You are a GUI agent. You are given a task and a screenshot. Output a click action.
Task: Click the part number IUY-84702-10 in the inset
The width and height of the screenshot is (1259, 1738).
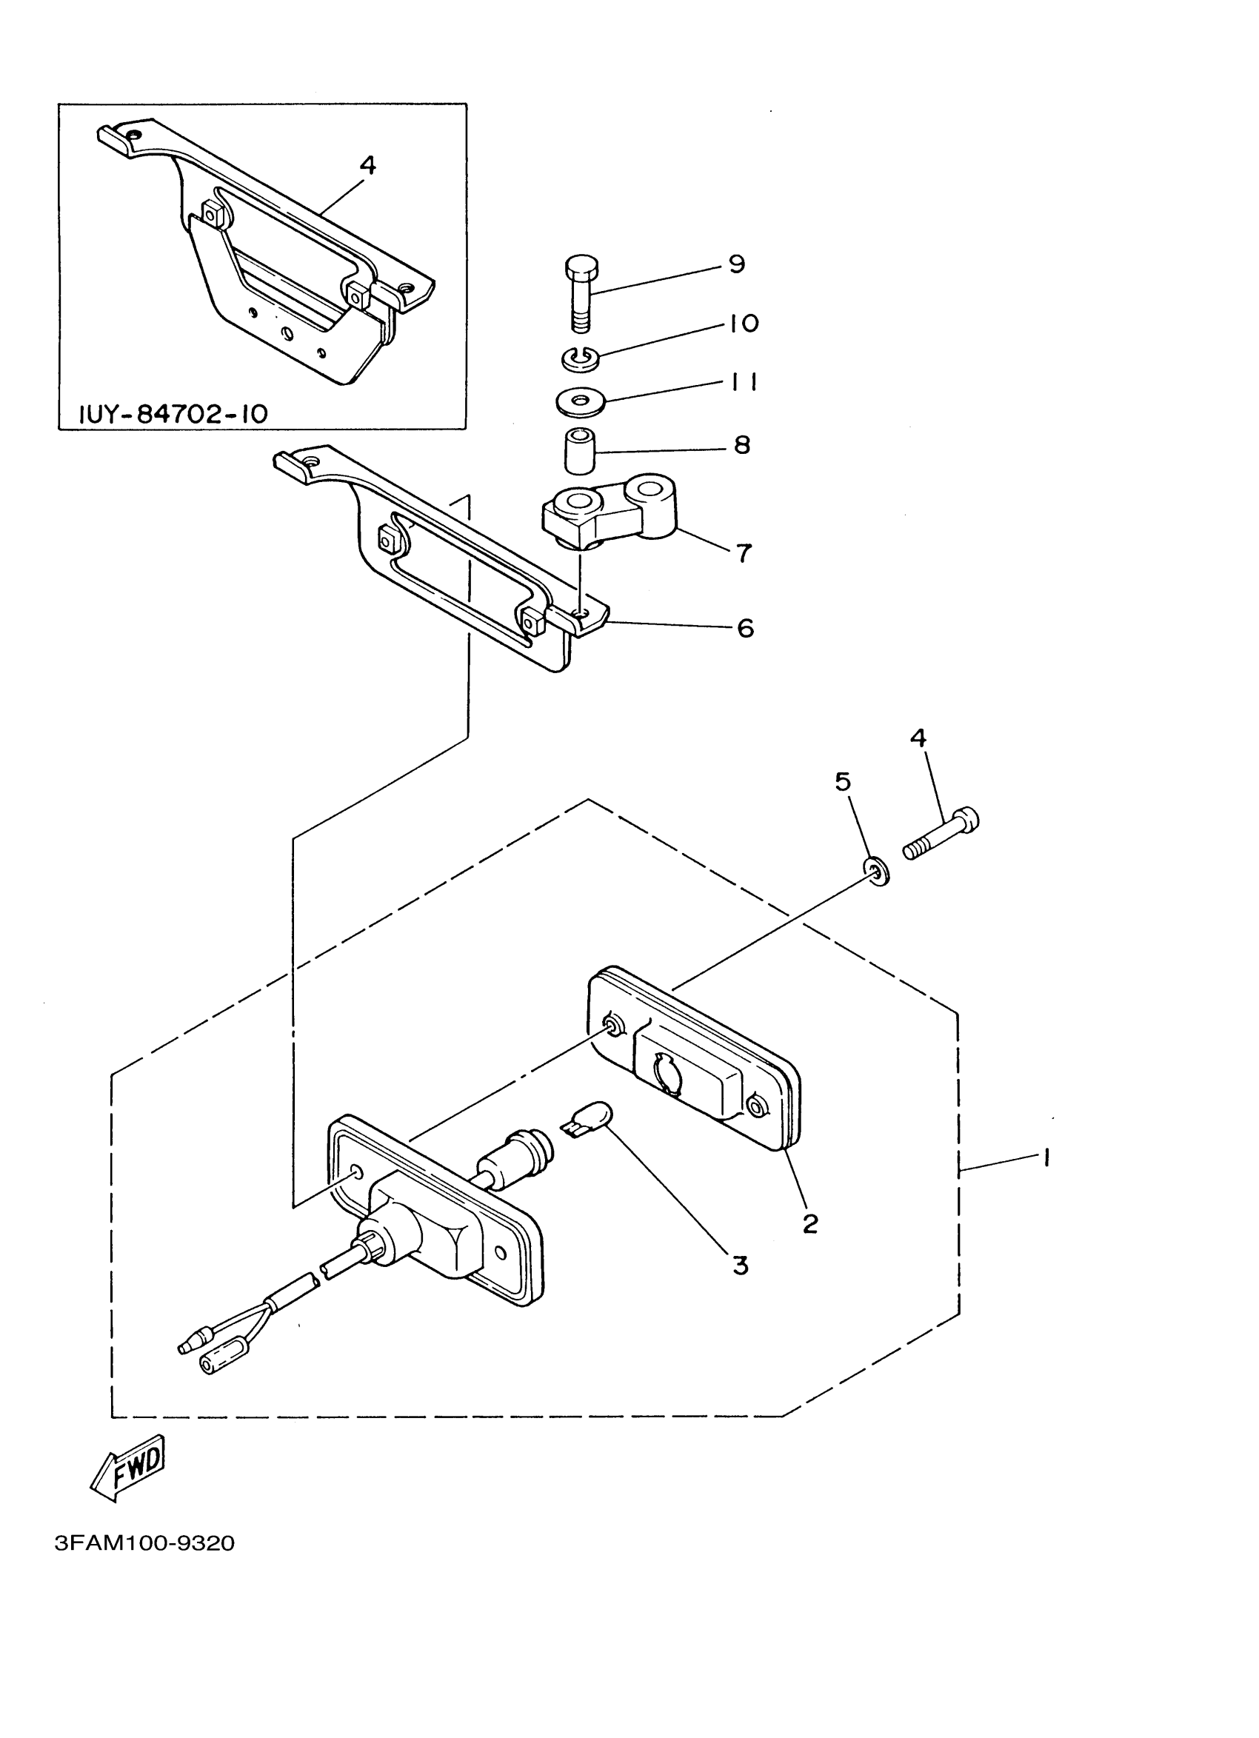pos(174,415)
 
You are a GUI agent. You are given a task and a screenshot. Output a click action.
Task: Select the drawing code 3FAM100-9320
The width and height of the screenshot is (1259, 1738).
pos(144,1543)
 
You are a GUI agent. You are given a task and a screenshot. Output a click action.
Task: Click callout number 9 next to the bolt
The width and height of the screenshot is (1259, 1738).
pos(735,264)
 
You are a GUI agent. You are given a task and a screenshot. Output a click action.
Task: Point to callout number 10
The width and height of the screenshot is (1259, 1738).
pos(742,324)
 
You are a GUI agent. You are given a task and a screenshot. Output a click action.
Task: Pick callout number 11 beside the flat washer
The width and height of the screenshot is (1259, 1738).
pos(743,382)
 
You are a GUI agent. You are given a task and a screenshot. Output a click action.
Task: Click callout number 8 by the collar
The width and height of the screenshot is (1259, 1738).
pos(742,444)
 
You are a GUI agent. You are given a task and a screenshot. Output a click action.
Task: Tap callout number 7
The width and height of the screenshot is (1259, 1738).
pos(744,552)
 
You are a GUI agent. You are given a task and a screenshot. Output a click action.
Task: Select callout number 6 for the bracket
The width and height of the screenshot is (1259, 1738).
pos(745,629)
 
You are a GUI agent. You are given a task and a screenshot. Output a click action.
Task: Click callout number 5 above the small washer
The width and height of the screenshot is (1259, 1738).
pos(842,782)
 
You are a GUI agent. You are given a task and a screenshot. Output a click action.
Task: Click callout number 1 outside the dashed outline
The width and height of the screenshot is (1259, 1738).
pos(1045,1158)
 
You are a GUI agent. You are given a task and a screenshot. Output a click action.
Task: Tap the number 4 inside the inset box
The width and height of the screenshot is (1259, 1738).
pos(368,164)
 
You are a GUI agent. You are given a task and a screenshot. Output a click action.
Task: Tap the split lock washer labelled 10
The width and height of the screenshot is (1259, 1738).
pos(579,356)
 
